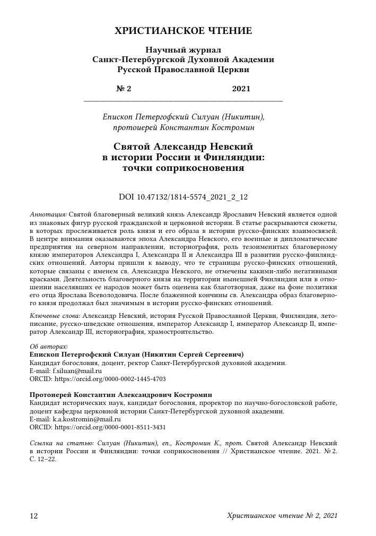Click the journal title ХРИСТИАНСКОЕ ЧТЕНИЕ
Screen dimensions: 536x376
183,31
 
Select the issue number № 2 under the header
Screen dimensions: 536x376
124,89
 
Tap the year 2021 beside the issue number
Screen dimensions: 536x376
241,89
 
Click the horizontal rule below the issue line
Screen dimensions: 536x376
183,100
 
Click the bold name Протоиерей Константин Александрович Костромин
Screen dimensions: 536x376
121,395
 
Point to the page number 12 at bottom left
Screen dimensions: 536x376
33,516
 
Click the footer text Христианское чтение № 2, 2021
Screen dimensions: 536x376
282,516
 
